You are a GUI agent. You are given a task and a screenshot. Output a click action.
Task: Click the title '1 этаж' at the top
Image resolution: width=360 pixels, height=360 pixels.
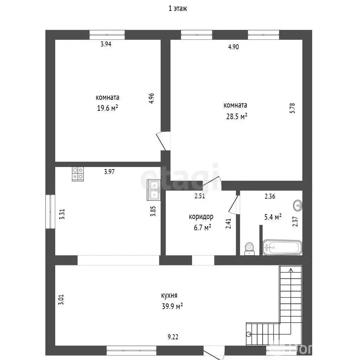[178, 9]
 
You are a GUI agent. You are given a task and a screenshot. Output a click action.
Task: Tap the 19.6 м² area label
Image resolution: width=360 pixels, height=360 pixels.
[107, 108]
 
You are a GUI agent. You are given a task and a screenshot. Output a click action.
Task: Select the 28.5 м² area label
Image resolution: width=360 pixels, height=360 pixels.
[237, 116]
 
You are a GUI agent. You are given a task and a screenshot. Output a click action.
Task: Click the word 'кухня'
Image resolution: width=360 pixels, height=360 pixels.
[169, 296]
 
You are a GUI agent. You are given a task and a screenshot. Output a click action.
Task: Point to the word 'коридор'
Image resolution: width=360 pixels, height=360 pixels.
[201, 217]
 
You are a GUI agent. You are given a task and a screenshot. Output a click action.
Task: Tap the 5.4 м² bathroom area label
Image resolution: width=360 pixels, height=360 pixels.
[273, 217]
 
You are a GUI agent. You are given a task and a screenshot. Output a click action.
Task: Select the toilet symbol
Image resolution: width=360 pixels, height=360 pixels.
[250, 248]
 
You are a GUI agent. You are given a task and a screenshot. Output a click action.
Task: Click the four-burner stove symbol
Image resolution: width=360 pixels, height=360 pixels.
[78, 174]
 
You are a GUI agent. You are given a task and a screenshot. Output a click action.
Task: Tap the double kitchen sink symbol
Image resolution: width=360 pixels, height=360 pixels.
[154, 190]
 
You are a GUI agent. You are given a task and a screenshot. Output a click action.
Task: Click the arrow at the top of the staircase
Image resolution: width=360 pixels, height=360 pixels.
[291, 270]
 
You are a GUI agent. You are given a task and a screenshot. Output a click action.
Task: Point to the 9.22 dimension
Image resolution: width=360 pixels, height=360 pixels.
[173, 337]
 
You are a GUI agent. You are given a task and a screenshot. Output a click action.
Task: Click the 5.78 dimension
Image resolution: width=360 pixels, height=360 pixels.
[292, 108]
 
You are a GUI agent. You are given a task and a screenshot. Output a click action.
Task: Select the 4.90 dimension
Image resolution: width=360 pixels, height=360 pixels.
[233, 47]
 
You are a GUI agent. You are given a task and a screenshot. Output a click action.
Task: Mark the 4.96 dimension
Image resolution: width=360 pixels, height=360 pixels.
[151, 98]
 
